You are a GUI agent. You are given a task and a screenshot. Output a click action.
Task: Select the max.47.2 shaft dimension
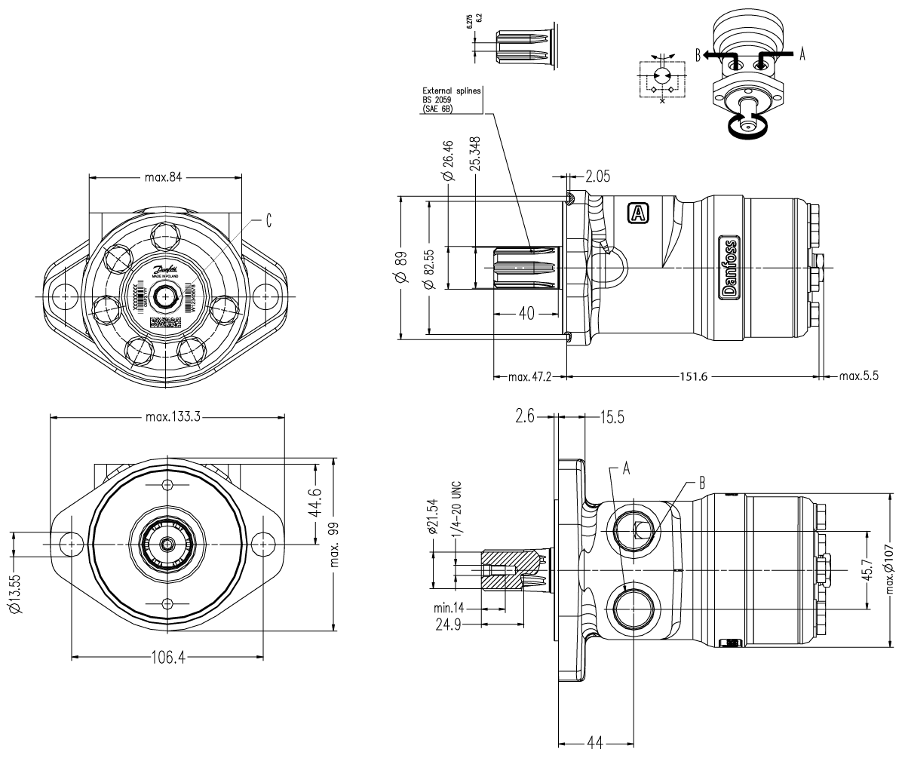pos(529,377)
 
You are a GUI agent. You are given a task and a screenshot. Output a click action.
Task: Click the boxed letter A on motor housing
pos(638,213)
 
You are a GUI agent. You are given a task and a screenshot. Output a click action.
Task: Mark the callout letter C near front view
pos(268,221)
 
